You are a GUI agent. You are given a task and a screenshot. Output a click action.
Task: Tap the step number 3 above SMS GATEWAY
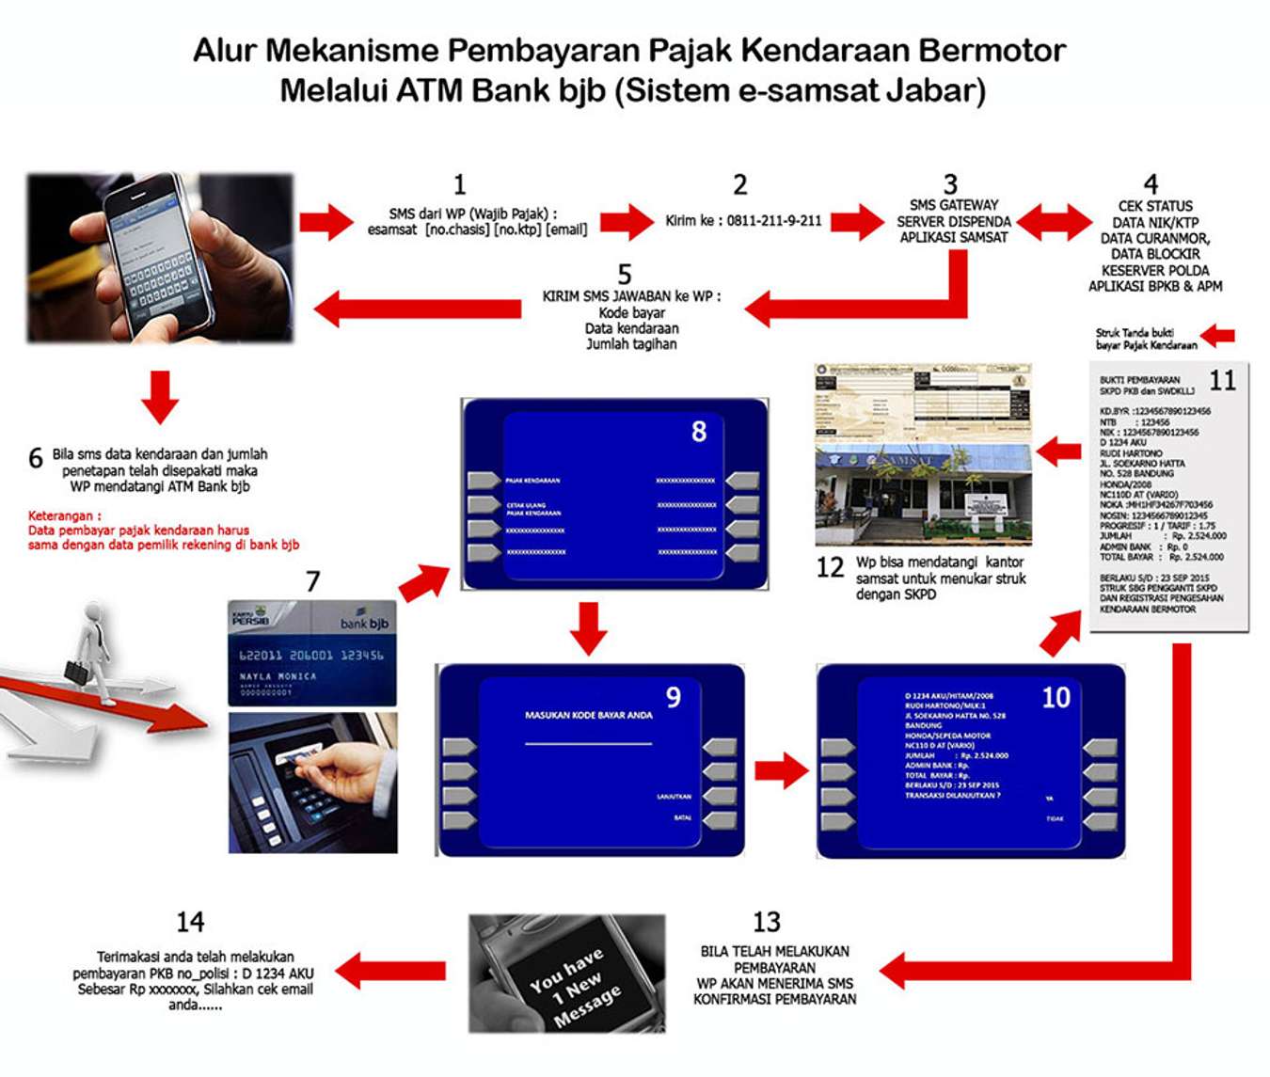click(x=950, y=184)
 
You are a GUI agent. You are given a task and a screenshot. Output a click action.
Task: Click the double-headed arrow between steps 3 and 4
click(x=1054, y=222)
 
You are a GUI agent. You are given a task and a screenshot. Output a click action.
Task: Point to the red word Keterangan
click(x=64, y=515)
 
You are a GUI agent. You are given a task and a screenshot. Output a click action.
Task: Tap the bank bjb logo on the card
click(x=364, y=623)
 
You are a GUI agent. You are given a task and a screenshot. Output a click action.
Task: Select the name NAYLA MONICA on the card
click(x=278, y=676)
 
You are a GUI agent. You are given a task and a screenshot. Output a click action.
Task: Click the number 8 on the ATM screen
click(x=698, y=432)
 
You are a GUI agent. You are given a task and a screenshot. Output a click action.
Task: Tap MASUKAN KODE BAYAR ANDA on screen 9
click(x=588, y=715)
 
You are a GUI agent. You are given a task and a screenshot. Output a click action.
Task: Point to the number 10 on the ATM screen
click(x=1056, y=697)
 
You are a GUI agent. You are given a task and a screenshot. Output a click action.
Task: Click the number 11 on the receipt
click(x=1222, y=380)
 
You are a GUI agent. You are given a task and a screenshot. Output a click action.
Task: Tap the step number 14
click(x=190, y=922)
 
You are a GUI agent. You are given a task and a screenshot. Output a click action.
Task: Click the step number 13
click(x=767, y=922)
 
